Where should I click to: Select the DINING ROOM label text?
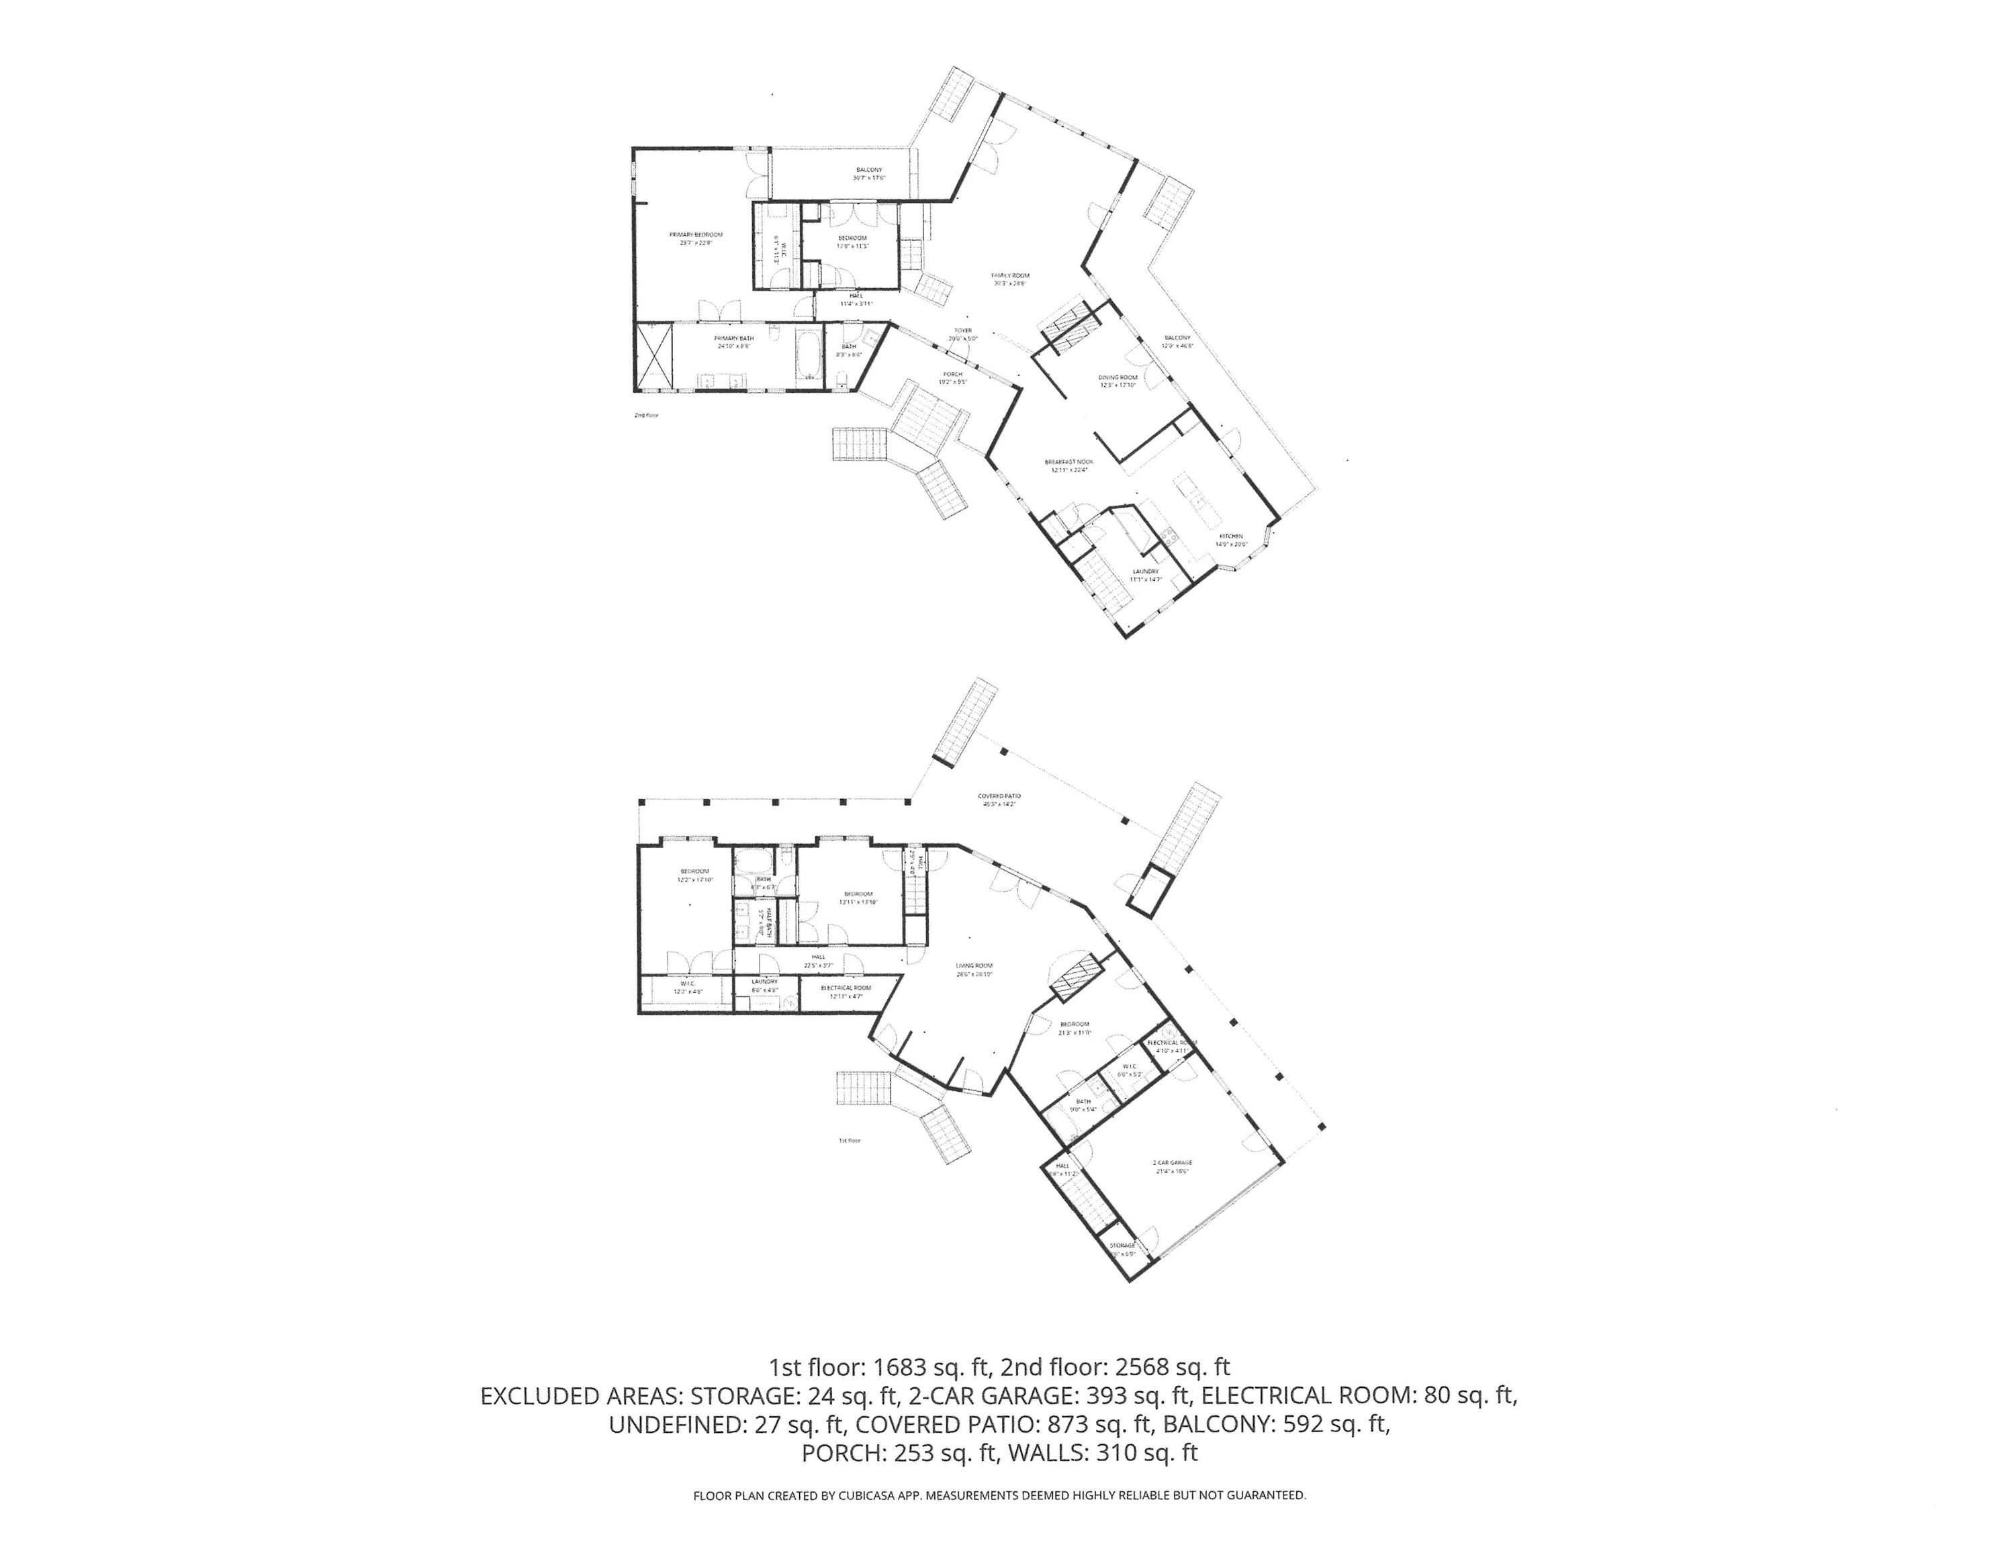(1118, 377)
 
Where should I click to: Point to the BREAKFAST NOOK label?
(1069, 462)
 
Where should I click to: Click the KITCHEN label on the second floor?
(1231, 536)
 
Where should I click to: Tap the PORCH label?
(954, 374)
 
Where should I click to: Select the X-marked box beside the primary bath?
(655, 356)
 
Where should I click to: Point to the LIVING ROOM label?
(974, 966)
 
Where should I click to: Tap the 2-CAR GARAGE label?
(1173, 1163)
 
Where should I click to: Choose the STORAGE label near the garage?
(1122, 1246)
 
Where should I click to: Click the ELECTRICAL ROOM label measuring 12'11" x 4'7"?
(846, 988)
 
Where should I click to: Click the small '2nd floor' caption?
(646, 415)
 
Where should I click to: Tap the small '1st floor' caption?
(850, 1141)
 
